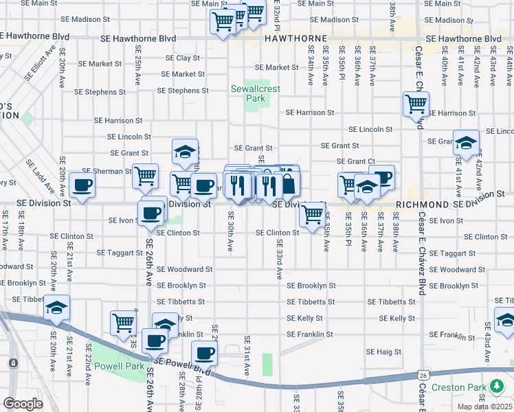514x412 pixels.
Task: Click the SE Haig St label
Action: coord(388,352)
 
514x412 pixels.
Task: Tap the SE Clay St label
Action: coord(181,58)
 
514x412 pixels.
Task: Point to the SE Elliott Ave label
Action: coord(38,63)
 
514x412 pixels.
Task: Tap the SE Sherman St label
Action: coord(106,171)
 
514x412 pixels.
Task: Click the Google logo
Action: coord(23,404)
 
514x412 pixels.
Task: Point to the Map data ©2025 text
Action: coord(480,405)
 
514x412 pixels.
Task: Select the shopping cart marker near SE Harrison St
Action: coord(416,104)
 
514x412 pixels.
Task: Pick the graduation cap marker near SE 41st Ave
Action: coord(466,143)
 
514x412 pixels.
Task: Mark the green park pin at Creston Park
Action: coord(494,387)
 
